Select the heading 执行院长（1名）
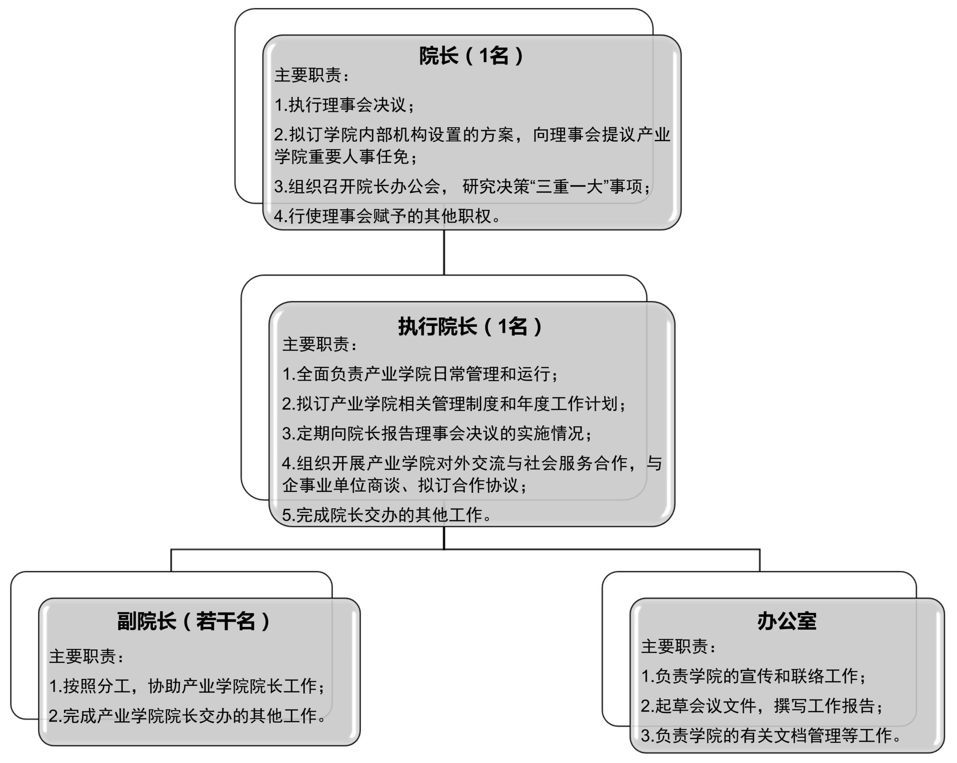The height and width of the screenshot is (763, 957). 471,326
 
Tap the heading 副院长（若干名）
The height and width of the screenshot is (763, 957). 194,621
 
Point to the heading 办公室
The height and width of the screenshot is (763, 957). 786,621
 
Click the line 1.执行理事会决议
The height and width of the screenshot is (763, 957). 345,105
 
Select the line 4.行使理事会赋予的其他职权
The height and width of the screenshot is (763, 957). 387,216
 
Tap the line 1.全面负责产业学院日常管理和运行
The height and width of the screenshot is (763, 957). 420,374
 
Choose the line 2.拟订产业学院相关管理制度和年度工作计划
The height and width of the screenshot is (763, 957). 454,403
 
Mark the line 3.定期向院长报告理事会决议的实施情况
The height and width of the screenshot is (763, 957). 437,433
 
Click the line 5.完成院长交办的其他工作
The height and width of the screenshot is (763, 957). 387,515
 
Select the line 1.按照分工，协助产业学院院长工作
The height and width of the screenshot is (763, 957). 187,686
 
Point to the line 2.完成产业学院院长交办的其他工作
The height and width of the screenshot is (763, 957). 187,716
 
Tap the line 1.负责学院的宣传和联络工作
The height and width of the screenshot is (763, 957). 753,676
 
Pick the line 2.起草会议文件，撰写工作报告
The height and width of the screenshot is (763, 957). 762,705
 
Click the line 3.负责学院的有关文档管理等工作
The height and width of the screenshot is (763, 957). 771,735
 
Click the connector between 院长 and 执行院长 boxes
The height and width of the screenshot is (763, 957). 444,252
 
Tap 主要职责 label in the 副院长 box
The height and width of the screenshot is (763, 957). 86,656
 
